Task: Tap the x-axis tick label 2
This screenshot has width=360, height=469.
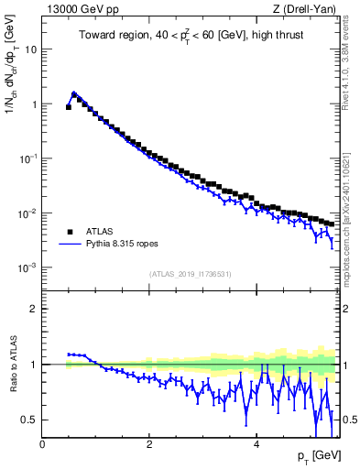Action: pyautogui.click(x=149, y=444)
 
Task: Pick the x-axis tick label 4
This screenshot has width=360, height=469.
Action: pyautogui.click(x=256, y=444)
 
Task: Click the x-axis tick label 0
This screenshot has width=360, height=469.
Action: pyautogui.click(x=43, y=444)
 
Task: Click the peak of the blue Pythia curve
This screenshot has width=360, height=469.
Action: pyautogui.click(x=74, y=93)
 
